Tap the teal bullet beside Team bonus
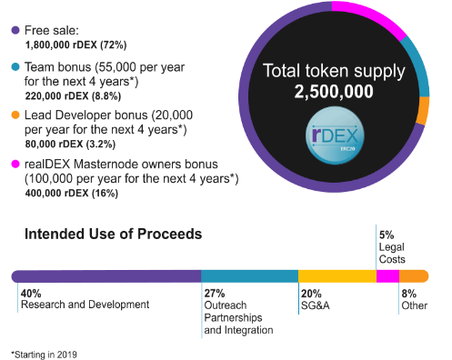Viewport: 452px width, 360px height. coord(15,67)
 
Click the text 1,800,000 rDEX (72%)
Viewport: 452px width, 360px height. coord(75,43)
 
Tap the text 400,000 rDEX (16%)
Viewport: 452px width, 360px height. coord(73,194)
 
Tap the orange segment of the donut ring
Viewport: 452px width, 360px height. coord(423,110)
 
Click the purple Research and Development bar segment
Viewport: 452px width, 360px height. coord(105,276)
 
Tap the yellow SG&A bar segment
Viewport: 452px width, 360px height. coord(336,276)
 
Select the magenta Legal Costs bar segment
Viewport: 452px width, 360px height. coord(387,276)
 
